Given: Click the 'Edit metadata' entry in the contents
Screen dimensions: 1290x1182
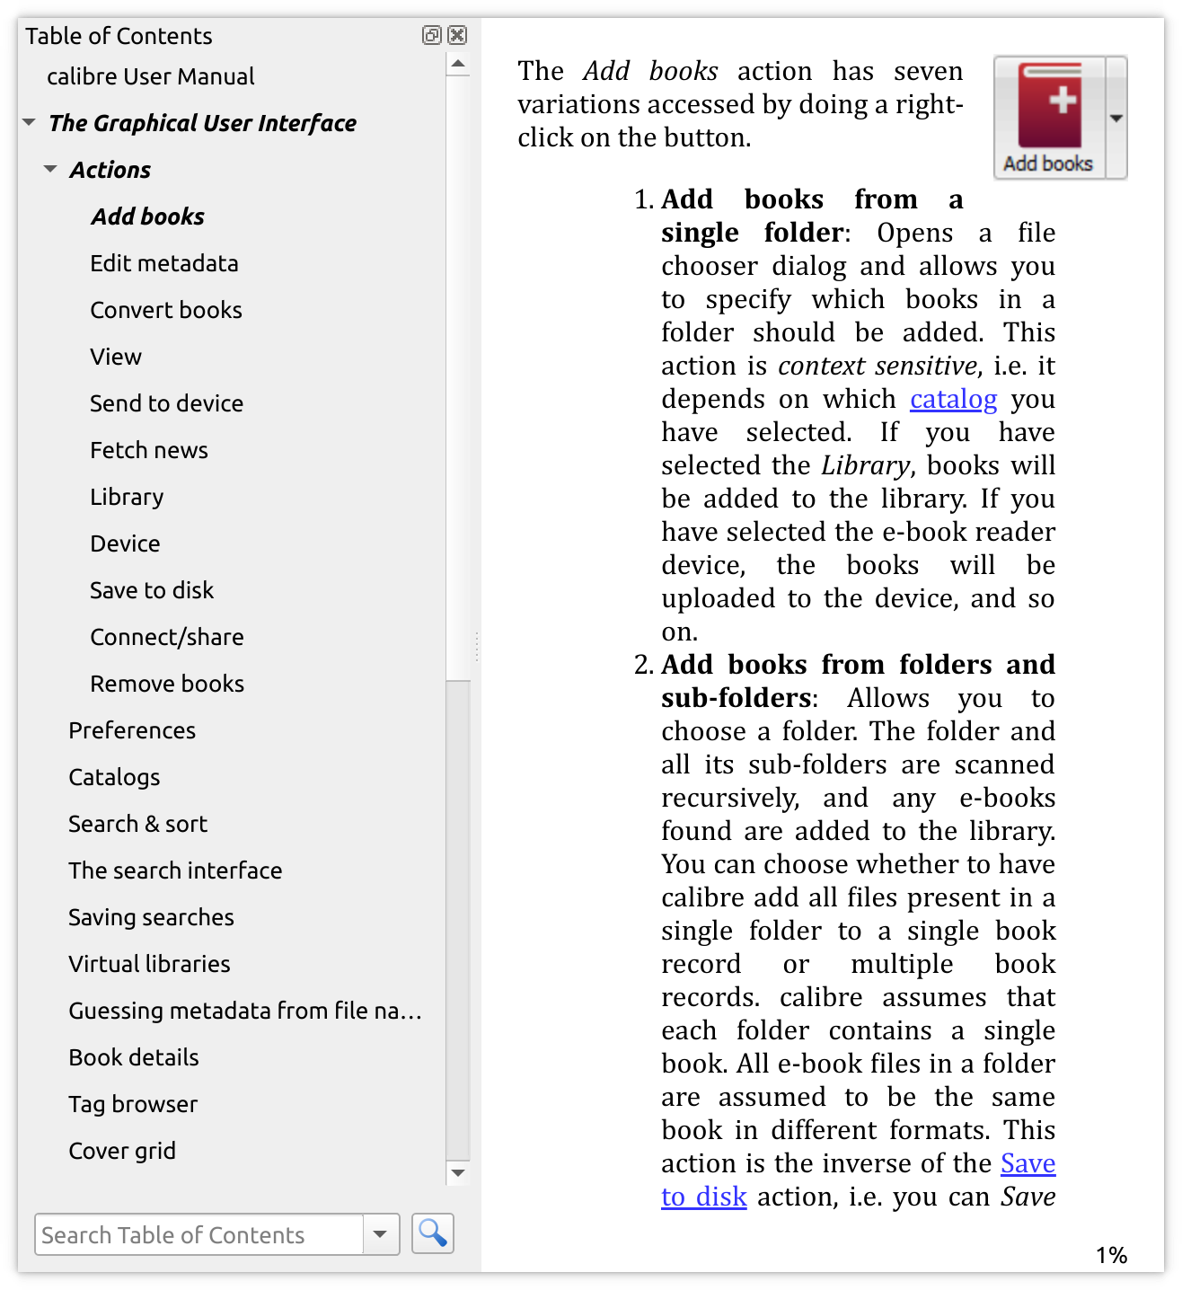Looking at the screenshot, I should point(163,263).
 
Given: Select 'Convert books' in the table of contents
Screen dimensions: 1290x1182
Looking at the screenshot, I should point(165,310).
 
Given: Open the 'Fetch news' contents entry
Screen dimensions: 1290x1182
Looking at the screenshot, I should point(148,450).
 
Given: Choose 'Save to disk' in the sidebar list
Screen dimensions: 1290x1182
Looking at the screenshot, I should point(151,590).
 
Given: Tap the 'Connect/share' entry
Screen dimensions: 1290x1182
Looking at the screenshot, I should point(166,637).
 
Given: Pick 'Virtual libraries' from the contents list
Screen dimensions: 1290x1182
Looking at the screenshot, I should point(149,964).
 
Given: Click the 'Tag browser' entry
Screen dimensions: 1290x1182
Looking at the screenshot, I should point(133,1104).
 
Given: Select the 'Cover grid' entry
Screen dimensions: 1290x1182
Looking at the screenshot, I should point(122,1151).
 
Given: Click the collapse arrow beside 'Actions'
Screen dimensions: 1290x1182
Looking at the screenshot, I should point(50,169).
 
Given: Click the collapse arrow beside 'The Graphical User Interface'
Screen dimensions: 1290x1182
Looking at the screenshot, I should point(29,122).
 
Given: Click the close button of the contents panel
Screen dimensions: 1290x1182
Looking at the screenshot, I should point(457,35).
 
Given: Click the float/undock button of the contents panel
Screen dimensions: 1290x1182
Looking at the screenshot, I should point(432,35).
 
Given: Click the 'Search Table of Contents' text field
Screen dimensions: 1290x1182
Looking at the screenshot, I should point(198,1234).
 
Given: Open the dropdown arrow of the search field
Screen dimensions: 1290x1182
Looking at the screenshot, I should point(380,1234).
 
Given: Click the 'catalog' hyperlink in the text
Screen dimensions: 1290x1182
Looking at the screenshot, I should point(953,399).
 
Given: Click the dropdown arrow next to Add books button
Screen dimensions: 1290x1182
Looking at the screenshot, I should point(1116,119).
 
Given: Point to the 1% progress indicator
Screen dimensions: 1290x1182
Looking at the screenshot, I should point(1111,1255).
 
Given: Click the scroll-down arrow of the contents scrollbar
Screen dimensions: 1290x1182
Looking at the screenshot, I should point(458,1172).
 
